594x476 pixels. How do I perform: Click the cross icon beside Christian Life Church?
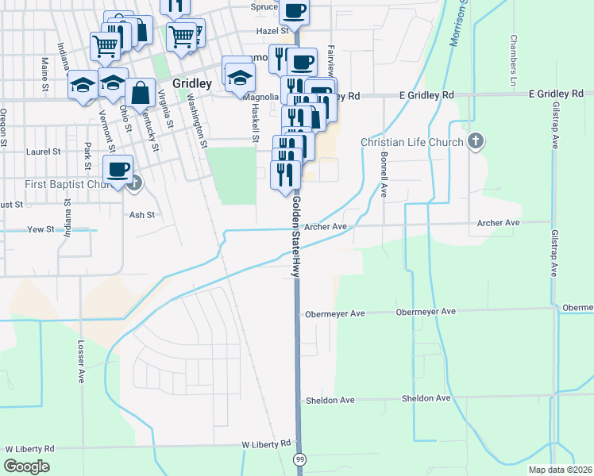coord(475,142)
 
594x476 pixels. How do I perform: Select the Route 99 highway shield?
coord(300,460)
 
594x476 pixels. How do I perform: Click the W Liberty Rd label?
coord(29,448)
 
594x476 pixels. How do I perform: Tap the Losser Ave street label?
coord(80,363)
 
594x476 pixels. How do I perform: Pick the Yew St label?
coord(38,229)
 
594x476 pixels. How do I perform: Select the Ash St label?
coord(140,214)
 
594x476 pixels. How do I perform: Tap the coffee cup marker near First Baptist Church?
coord(118,170)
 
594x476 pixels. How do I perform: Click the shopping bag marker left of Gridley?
coord(141,93)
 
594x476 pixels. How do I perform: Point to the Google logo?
coord(26,466)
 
